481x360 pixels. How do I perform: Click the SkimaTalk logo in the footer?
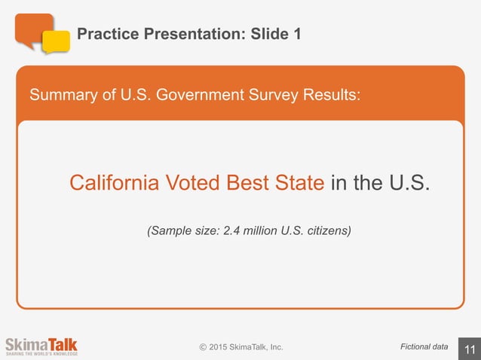point(41,346)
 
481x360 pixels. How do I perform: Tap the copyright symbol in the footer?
point(202,347)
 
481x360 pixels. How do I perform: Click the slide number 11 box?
point(469,348)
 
